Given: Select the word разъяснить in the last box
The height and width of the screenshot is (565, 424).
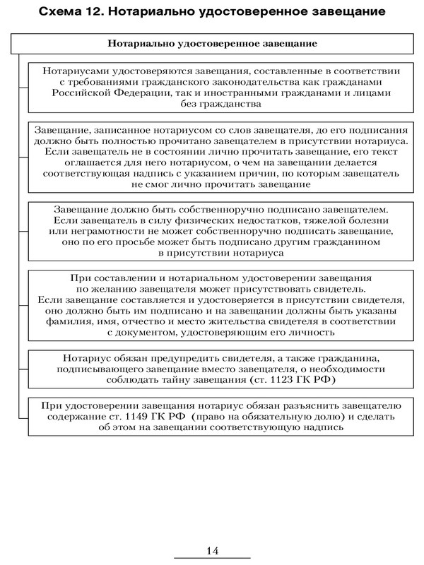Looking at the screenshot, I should (316, 406).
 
